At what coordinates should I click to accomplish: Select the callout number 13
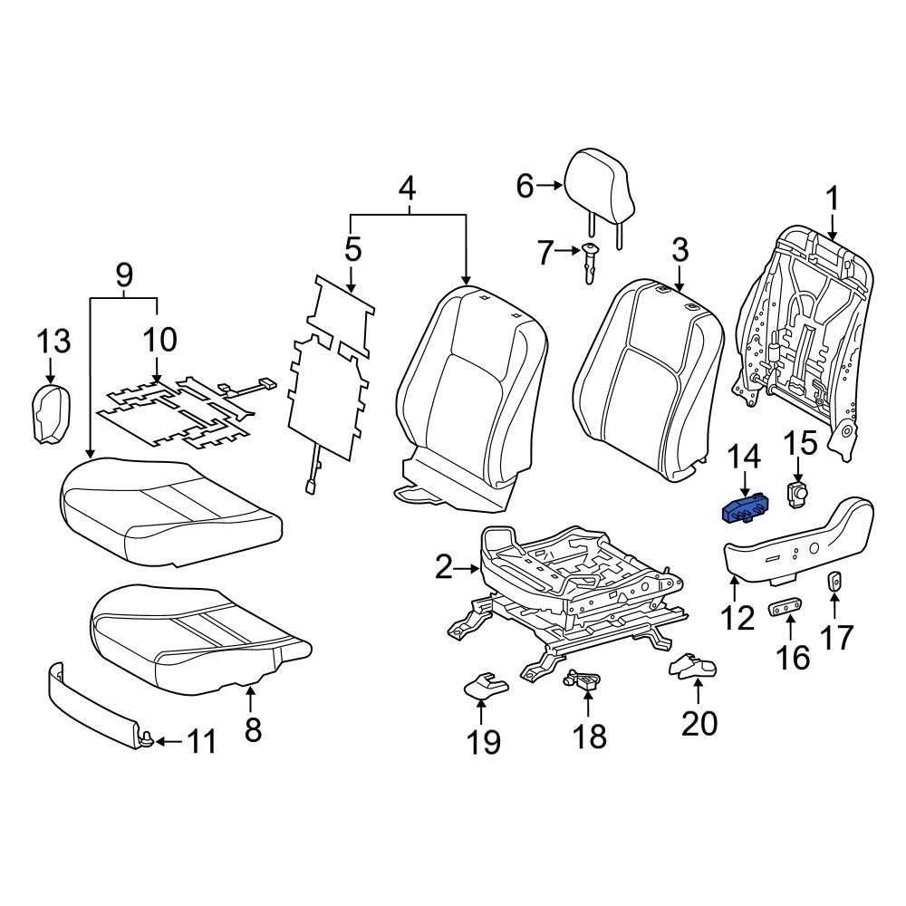point(53,342)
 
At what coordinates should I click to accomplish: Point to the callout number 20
point(699,723)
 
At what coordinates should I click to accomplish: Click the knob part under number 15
point(796,493)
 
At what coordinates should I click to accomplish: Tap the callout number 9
point(124,271)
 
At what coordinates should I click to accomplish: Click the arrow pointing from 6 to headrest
point(551,186)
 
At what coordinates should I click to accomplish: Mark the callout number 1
point(832,197)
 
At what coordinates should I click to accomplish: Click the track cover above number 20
point(692,669)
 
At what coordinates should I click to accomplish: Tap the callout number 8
point(253,729)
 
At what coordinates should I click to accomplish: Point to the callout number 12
point(737,618)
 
